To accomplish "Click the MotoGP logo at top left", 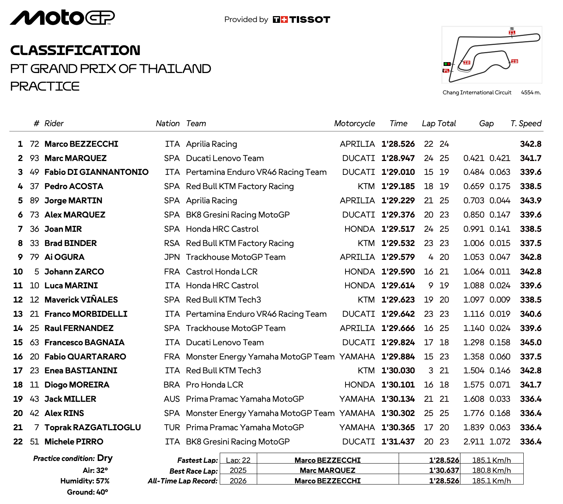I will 62,18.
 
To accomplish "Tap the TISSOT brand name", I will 310,19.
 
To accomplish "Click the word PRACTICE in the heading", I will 45,86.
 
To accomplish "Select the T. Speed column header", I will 526,124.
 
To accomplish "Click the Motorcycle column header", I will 354,124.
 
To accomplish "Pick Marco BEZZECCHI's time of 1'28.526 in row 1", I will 398,144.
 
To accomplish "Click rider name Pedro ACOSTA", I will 73,186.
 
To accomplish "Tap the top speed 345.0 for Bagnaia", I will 530,343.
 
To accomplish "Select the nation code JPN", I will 172,257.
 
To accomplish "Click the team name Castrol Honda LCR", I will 222,271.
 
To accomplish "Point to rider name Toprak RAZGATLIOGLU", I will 92,428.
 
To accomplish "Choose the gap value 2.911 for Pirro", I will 474,442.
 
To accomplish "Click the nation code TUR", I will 172,428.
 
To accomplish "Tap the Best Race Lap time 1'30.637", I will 444,470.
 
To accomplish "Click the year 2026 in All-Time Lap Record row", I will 238,481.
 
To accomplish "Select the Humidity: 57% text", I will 85,481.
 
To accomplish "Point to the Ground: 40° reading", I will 87,492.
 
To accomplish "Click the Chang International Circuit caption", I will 477,92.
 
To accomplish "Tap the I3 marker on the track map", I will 515,61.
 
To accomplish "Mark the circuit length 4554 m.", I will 531,92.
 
